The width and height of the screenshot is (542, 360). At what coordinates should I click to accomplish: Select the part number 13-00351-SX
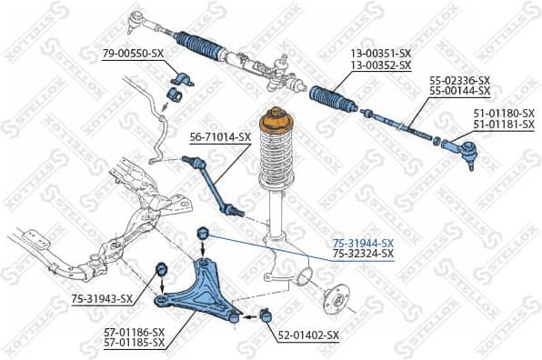[x=380, y=55]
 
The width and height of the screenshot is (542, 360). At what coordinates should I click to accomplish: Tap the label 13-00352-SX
[x=380, y=65]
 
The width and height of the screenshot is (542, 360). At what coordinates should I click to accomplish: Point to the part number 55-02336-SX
[x=459, y=80]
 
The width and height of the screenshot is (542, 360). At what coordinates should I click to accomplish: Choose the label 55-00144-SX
[x=459, y=91]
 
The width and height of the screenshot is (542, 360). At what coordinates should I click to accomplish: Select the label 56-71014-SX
[x=219, y=137]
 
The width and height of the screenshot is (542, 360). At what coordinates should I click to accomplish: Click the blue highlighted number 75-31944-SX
[x=362, y=243]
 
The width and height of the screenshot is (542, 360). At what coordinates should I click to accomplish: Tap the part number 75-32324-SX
[x=362, y=254]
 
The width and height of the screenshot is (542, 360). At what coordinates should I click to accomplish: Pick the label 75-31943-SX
[x=102, y=298]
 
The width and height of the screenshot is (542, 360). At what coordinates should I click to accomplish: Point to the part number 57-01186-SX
[x=133, y=332]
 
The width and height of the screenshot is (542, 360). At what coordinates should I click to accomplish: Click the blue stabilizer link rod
[x=216, y=185]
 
